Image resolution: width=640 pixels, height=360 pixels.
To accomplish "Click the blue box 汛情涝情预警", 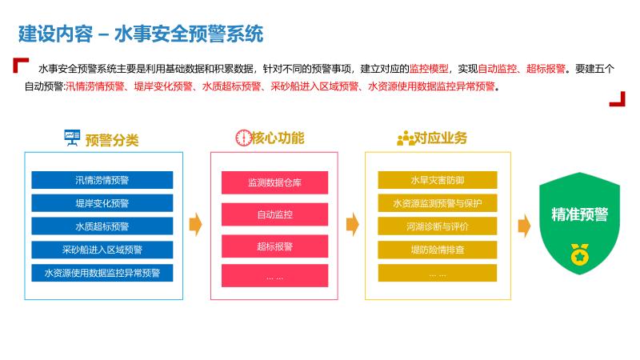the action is tap(102, 180).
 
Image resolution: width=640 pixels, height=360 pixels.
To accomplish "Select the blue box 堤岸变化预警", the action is tap(102, 203).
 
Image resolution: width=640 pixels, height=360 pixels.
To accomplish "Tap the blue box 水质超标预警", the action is tap(102, 226).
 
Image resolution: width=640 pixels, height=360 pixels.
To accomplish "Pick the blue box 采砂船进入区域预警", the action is tap(102, 250).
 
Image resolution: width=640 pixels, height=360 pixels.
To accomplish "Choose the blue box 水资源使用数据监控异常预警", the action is tap(102, 273).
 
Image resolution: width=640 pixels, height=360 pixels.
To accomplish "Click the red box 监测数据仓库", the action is tap(275, 183).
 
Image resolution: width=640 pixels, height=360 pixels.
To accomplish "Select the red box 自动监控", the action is tap(275, 214).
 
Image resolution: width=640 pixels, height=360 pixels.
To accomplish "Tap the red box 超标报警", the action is tap(275, 246).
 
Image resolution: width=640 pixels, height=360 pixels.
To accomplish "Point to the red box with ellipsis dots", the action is tap(275, 277).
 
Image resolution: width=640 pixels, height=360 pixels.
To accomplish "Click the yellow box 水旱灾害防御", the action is tap(438, 180).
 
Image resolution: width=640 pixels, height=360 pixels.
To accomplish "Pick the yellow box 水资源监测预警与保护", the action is tap(438, 203).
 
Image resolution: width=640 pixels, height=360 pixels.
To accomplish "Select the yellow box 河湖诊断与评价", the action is tap(438, 226).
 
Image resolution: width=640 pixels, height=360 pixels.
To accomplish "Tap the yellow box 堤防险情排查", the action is tap(438, 250).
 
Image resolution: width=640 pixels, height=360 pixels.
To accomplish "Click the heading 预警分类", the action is tap(112, 140).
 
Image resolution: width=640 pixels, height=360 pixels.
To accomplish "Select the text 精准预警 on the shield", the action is tap(579, 214).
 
